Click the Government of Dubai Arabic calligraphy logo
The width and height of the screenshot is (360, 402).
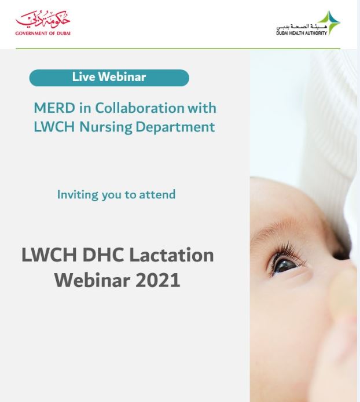tap(43, 20)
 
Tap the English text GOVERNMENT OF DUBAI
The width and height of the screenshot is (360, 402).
tap(43, 34)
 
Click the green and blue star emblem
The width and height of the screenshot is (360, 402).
tap(330, 23)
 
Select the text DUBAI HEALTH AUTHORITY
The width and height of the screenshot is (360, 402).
tap(302, 33)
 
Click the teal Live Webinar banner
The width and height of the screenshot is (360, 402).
tap(109, 78)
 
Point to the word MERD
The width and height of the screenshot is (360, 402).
tap(54, 108)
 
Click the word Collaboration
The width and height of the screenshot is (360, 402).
tap(139, 108)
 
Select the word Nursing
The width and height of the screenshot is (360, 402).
tap(106, 127)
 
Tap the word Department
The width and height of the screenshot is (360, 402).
tap(175, 127)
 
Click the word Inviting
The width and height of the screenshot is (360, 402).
tap(78, 195)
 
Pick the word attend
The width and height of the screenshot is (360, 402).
tap(157, 194)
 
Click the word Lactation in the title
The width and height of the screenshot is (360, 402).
tap(171, 255)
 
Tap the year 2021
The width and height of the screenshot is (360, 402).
tap(158, 280)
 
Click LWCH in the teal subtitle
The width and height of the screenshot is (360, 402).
tap(54, 127)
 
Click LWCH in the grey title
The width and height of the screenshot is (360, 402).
tap(49, 255)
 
